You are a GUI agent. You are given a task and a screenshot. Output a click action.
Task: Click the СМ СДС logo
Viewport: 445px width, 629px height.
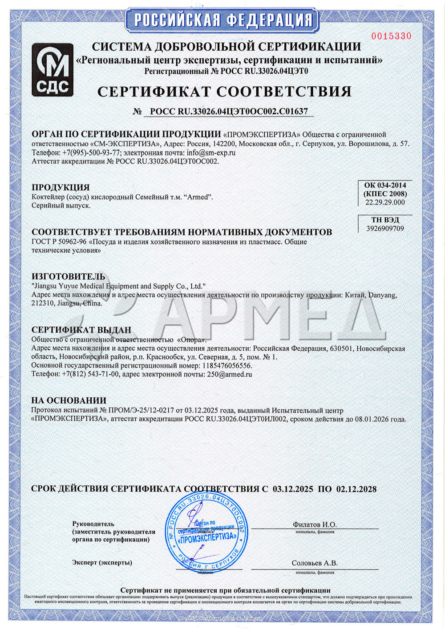53,70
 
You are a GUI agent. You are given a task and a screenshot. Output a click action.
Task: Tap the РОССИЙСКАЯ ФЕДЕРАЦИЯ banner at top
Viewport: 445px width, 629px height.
223,20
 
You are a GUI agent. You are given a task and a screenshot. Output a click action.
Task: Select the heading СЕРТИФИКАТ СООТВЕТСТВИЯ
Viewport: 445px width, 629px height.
224,92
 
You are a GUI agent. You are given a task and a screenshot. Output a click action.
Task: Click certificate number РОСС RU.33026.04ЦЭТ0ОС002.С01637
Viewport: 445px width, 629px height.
228,112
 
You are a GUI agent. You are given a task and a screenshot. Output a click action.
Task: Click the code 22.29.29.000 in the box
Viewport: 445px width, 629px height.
385,202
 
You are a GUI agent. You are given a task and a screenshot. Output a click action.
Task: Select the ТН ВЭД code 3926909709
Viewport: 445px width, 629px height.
385,228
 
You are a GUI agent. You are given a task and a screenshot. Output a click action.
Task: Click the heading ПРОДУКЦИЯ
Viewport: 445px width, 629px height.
61,187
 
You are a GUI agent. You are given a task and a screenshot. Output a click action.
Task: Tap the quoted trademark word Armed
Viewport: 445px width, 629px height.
198,197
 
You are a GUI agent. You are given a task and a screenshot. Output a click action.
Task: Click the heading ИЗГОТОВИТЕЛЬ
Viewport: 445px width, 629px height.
68,276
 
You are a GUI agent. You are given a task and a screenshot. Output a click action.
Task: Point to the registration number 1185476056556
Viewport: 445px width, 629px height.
227,365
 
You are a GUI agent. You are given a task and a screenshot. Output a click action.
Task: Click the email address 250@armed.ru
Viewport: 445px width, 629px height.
230,374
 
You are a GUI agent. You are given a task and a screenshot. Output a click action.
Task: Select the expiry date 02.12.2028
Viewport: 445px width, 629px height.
356,489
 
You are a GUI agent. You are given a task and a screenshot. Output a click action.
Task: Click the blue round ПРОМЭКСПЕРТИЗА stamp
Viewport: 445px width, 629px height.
206,532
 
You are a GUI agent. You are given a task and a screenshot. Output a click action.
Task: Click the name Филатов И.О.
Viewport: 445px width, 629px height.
315,525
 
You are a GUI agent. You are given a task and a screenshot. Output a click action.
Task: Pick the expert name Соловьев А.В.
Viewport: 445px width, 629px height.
315,563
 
